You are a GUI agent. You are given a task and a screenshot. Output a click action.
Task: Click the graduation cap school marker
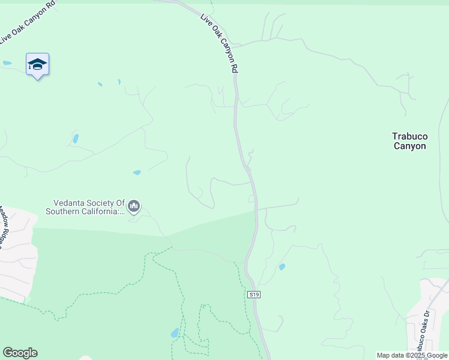click(x=37, y=65)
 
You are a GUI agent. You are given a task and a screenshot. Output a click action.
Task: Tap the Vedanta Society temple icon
click(x=134, y=207)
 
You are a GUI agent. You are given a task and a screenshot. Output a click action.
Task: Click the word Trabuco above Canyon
click(x=409, y=137)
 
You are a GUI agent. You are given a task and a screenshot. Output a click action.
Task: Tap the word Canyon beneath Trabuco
click(x=409, y=146)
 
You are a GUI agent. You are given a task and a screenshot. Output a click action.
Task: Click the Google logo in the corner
click(x=20, y=353)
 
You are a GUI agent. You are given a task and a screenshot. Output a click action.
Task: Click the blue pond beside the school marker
click(x=7, y=62)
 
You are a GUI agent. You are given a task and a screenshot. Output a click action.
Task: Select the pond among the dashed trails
click(x=174, y=332)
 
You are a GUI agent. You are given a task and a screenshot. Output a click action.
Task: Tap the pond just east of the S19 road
click(x=282, y=266)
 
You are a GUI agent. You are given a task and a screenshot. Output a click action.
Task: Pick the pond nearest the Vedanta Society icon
click(x=137, y=172)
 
